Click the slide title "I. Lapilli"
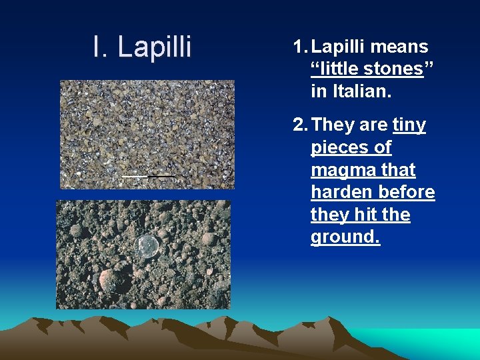coord(142,47)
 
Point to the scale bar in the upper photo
coord(147,176)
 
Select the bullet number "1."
coord(300,47)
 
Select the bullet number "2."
coord(300,125)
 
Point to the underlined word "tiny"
coord(409,125)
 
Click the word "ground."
coord(345,238)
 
